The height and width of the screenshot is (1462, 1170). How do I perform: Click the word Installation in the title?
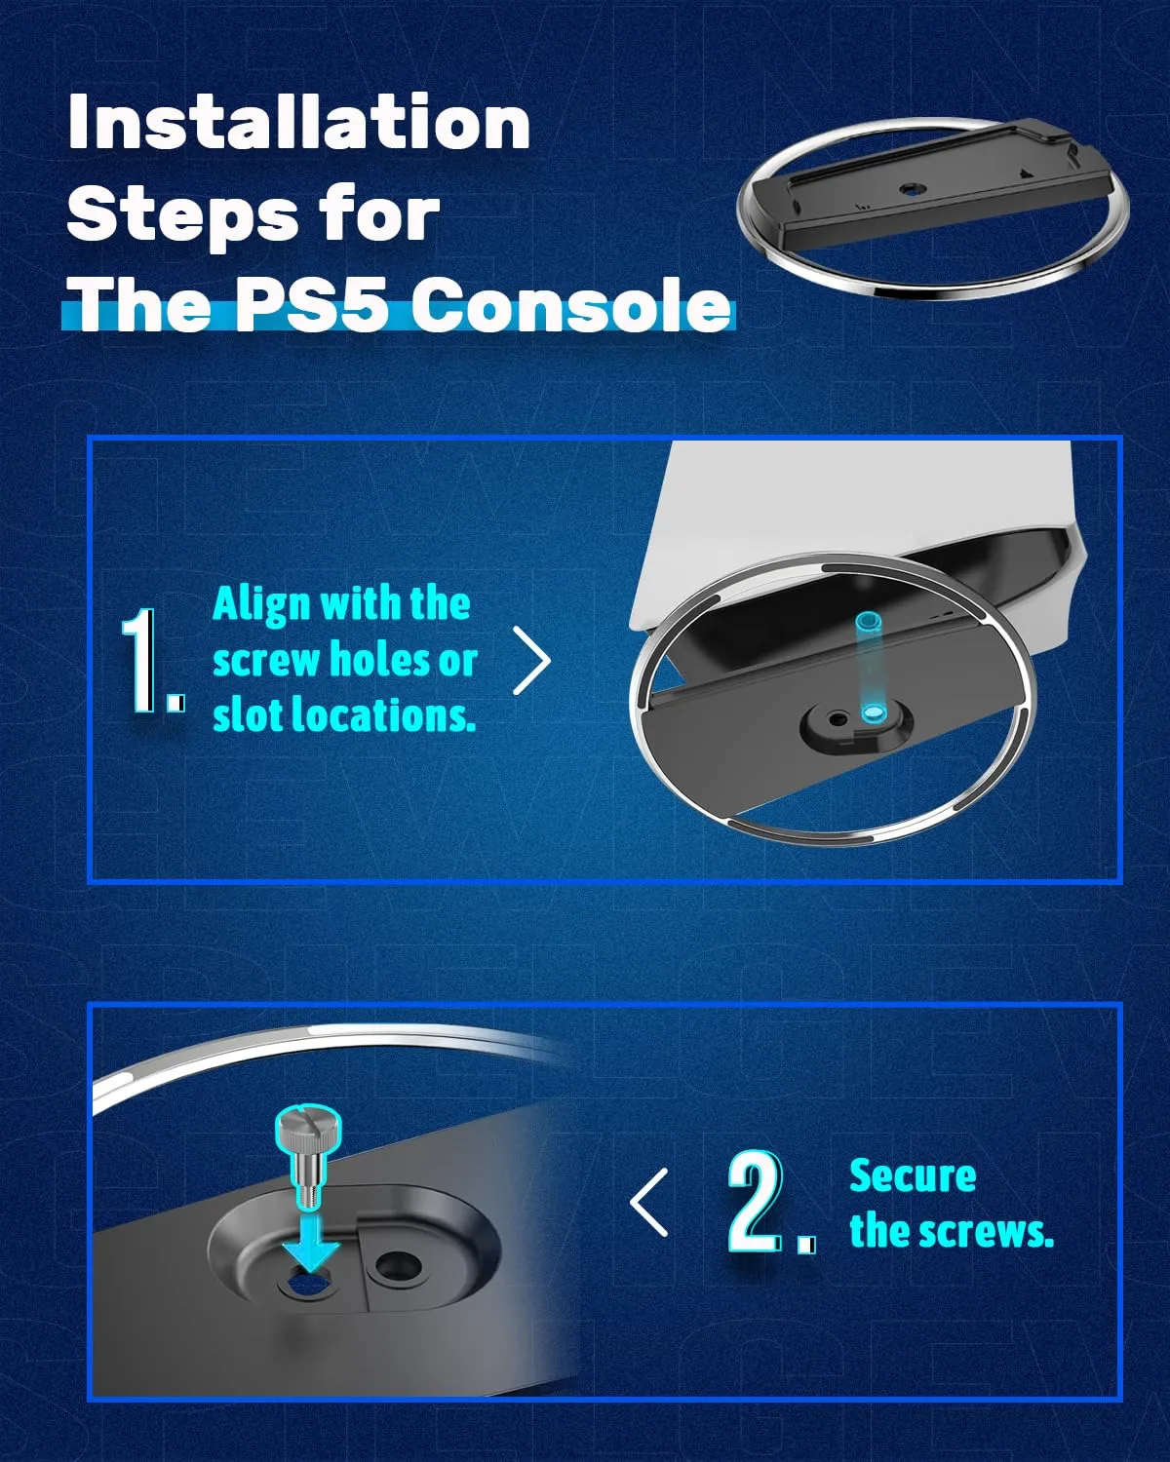[x=299, y=121]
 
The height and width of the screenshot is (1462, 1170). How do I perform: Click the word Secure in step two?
[x=913, y=1176]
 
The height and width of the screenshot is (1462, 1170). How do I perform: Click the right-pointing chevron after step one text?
[x=531, y=661]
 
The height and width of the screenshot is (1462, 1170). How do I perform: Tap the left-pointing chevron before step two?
[x=649, y=1203]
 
